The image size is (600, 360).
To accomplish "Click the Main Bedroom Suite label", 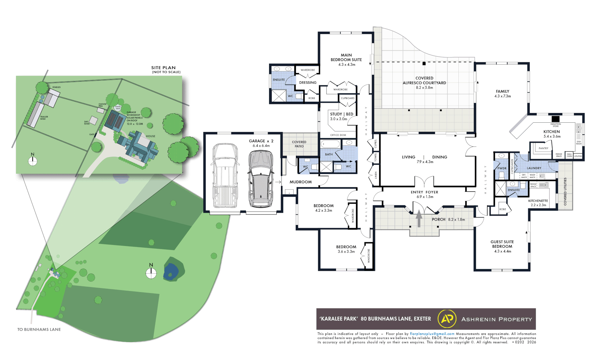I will (x=346, y=57).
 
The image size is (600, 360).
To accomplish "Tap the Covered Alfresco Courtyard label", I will (x=424, y=80).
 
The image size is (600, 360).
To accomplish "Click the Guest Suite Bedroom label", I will (x=502, y=244).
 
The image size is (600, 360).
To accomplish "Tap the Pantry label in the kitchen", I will (x=543, y=148).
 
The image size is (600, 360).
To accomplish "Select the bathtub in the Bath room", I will (x=330, y=144).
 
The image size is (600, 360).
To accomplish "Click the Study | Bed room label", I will (x=341, y=114).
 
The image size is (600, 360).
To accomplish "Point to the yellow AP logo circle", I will (x=447, y=319).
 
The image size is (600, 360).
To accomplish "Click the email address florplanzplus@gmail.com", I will (x=432, y=334).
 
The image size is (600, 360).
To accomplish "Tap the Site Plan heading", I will (x=163, y=68).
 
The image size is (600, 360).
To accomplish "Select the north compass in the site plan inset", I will (x=32, y=161).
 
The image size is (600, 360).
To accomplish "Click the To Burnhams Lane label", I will (x=39, y=329).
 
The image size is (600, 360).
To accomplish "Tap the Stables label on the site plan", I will (x=56, y=87).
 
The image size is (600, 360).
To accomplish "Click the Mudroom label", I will (x=300, y=182).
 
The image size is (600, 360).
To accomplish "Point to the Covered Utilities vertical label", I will (x=565, y=191).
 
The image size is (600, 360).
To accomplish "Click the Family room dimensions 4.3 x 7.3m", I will (x=502, y=96).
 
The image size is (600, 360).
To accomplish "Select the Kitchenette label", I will (x=538, y=201).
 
